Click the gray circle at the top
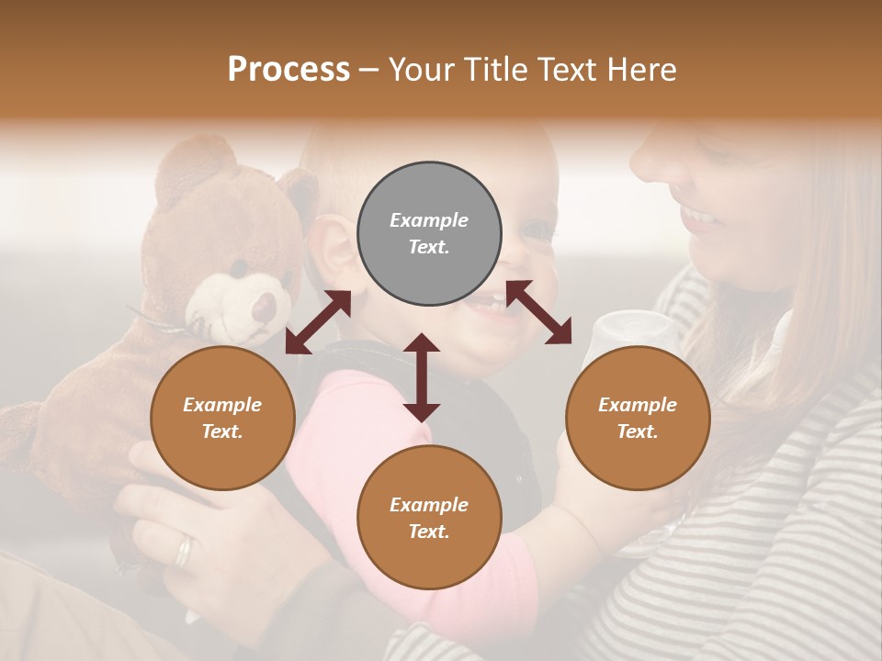click(429, 234)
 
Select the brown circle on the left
click(222, 418)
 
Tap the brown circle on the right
click(638, 418)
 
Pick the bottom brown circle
click(429, 518)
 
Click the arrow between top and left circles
click(318, 322)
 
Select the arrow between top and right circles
click(538, 313)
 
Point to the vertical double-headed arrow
click(422, 377)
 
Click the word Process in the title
click(288, 69)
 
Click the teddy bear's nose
click(265, 306)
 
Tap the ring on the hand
click(185, 550)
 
